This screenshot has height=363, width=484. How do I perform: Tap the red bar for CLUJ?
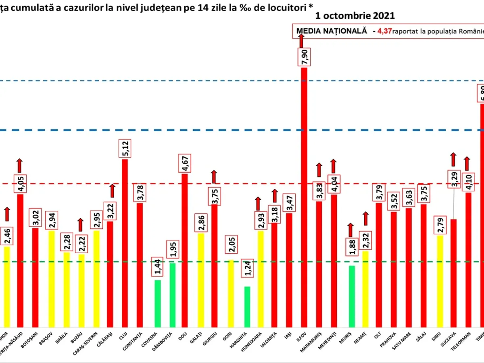coord(125,242)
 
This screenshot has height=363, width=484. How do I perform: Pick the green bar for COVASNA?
coord(157,303)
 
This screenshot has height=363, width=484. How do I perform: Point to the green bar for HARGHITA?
coord(247,307)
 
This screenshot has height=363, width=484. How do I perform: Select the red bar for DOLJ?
coord(185,250)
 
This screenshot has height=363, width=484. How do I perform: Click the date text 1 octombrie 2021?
coord(355,16)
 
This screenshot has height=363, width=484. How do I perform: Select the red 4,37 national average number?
coord(385,31)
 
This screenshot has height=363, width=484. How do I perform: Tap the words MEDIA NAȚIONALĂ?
coord(332,31)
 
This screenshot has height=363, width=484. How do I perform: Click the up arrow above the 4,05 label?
coord(20,165)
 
